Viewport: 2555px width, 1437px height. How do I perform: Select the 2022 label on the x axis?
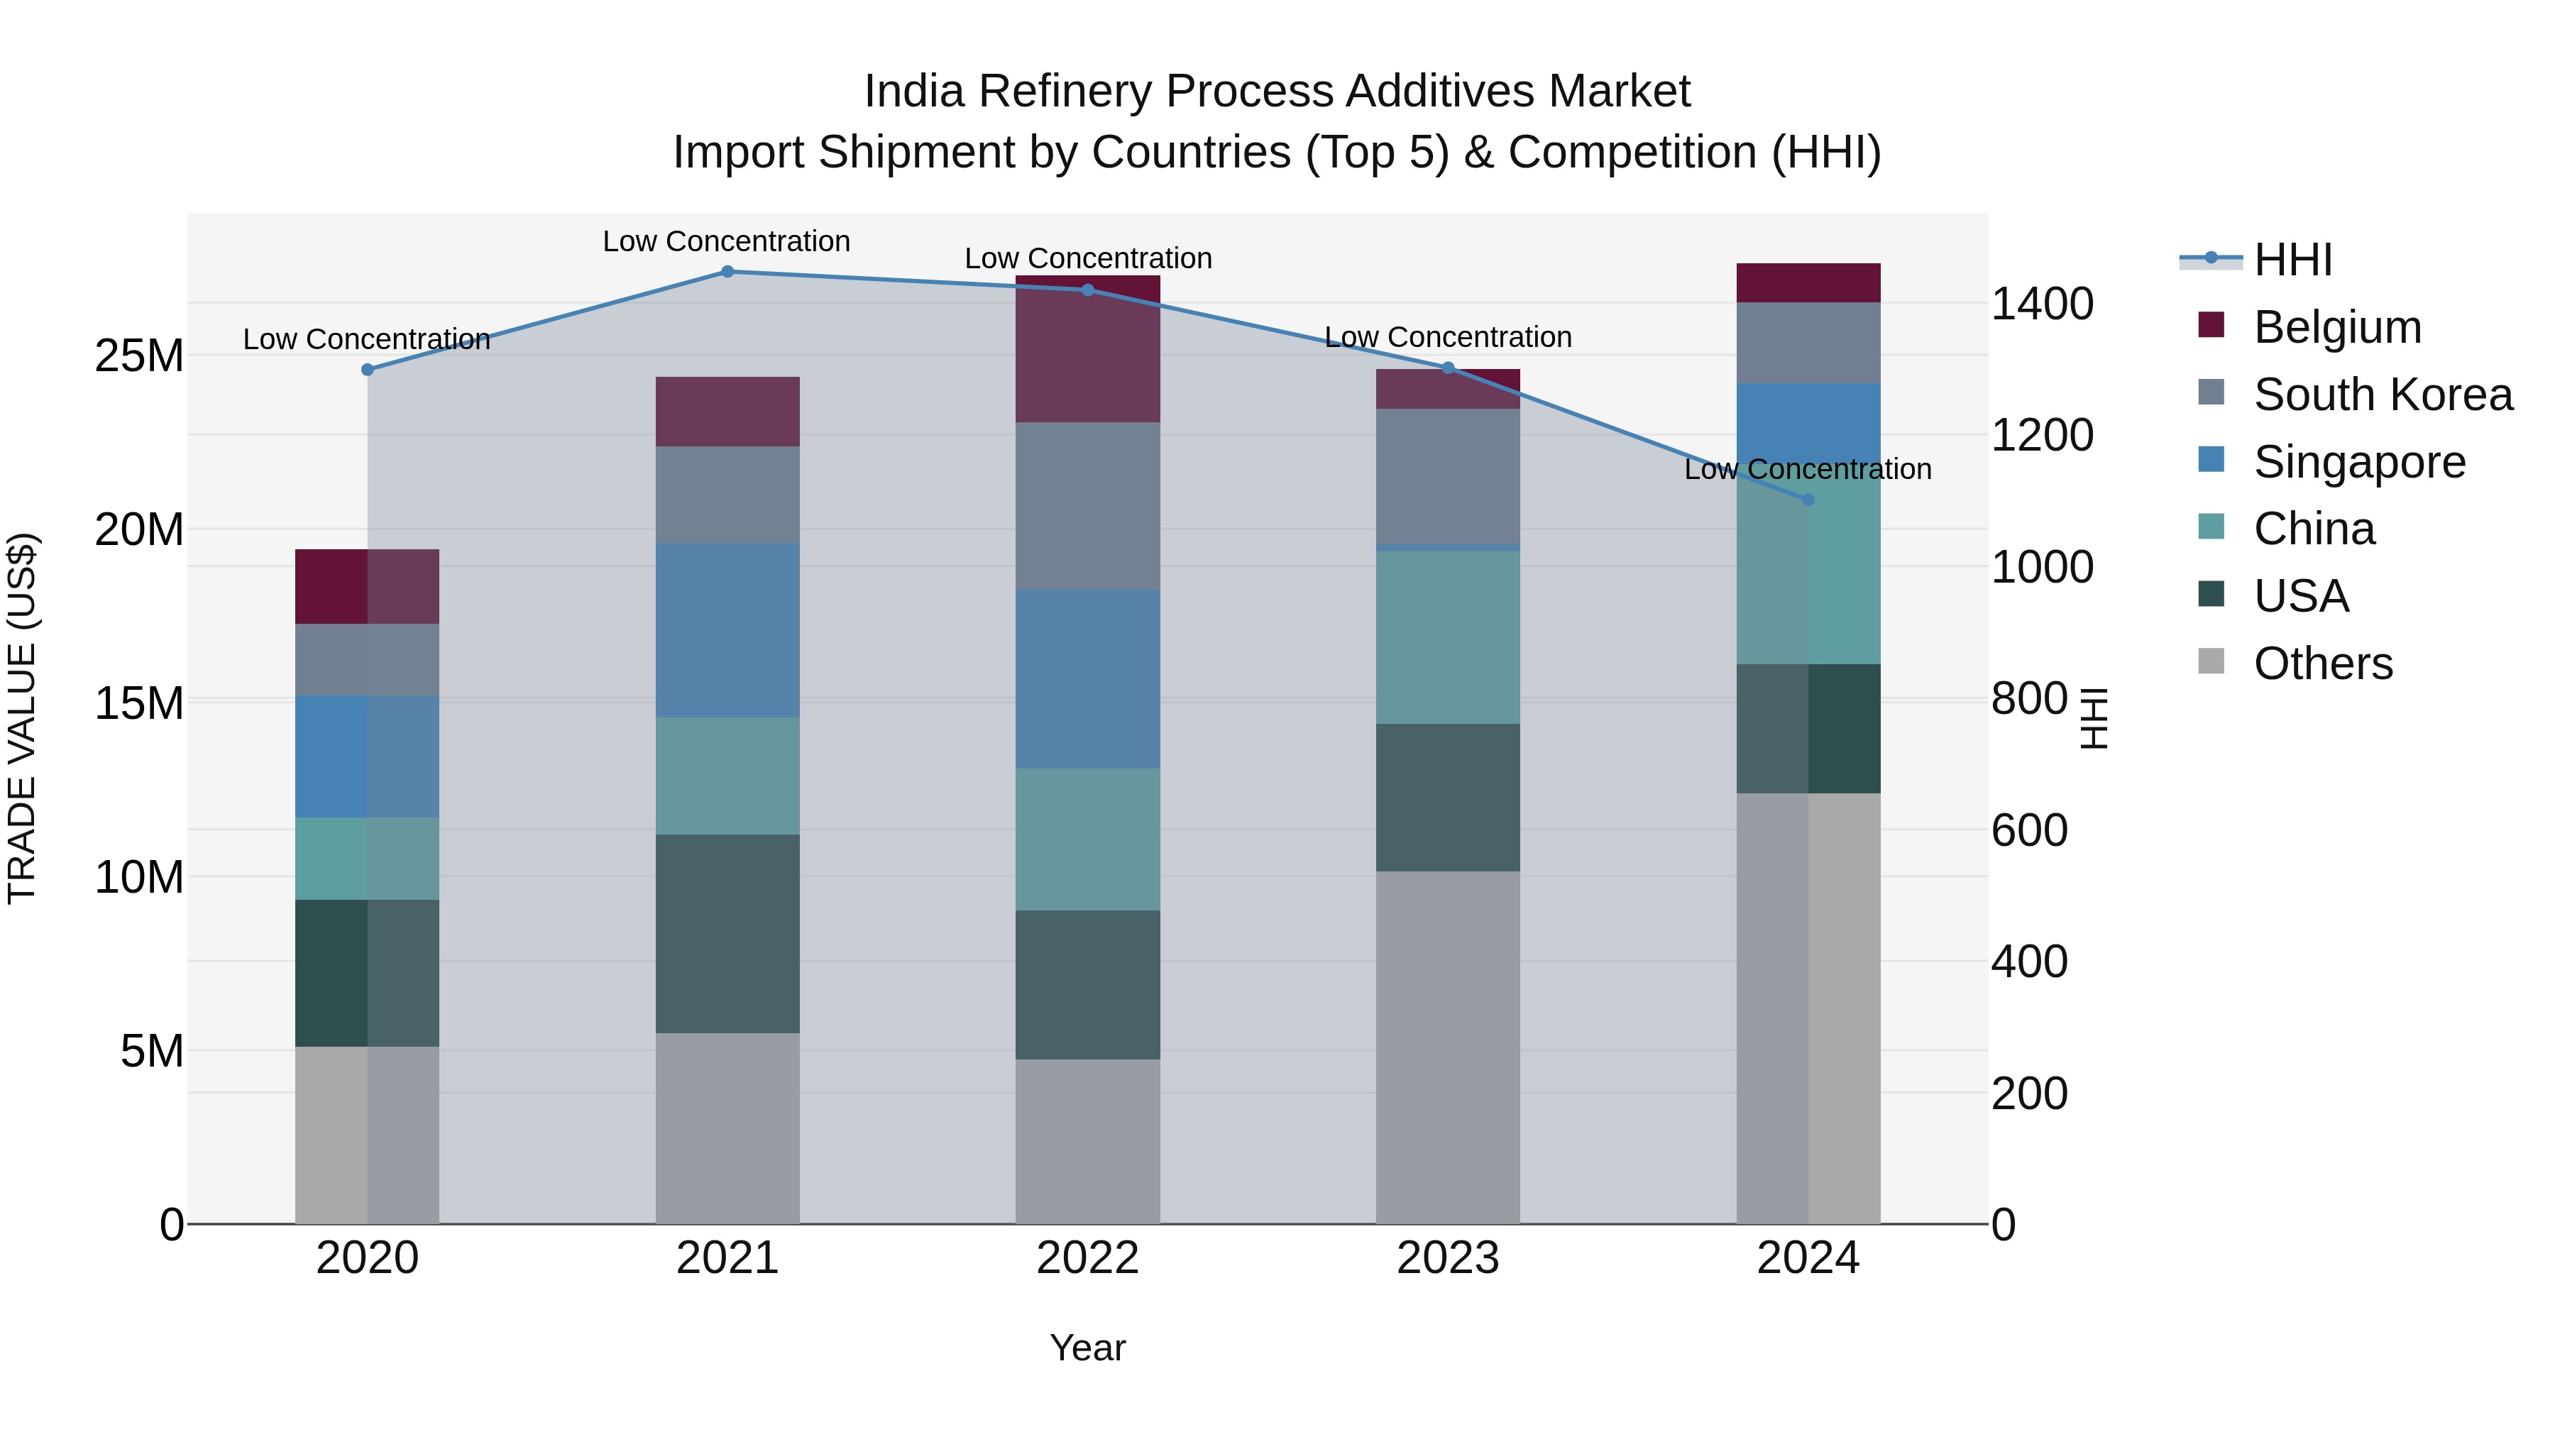1087,1258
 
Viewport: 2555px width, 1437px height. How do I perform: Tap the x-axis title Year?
1087,1348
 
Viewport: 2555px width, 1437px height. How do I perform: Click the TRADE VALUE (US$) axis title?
22,718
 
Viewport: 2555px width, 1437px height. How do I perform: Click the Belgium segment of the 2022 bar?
1087,349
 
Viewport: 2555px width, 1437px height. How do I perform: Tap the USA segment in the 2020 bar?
367,973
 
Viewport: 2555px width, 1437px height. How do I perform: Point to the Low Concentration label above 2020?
366,339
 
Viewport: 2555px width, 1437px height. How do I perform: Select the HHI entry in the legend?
2291,260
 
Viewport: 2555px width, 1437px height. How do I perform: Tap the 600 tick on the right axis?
2029,830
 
